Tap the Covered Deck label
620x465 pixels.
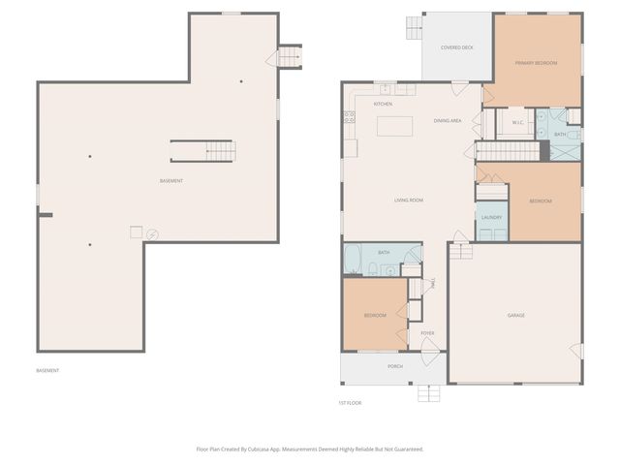point(456,46)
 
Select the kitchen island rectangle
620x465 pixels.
point(394,126)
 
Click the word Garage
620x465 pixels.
point(515,315)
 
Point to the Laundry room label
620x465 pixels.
point(491,217)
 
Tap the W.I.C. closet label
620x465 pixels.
point(517,122)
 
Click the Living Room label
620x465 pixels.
point(408,201)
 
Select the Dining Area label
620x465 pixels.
point(447,121)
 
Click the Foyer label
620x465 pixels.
point(427,333)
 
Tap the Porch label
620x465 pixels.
point(395,366)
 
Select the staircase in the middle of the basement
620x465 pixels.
point(203,151)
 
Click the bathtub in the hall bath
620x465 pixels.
point(355,260)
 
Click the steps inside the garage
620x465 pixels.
point(462,251)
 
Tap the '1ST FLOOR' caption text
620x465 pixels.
point(350,402)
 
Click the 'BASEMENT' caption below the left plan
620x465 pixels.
point(47,370)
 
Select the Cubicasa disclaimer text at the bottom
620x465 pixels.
point(310,449)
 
